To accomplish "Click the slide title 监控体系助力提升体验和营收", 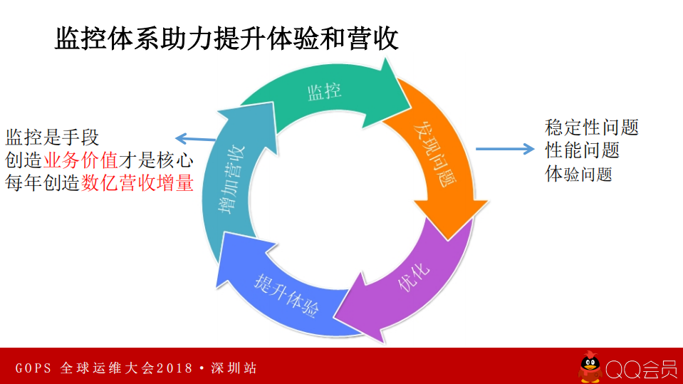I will coord(226,38).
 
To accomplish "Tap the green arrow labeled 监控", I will coord(324,91).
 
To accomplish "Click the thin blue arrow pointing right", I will coord(504,149).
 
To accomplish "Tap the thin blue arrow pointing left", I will coord(195,139).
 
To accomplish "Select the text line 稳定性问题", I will coord(591,128).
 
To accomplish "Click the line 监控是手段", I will coord(52,136).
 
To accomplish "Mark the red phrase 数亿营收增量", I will coord(137,183).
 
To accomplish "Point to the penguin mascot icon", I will coord(590,367).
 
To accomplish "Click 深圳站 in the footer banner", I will coord(234,368).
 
